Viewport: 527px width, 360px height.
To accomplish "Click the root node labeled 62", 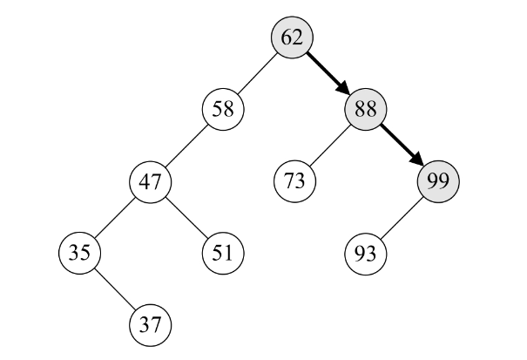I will click(293, 37).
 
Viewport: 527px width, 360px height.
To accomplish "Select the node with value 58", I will click(222, 110).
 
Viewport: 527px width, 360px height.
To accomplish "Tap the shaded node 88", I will click(365, 110).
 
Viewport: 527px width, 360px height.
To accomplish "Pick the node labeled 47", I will click(151, 181).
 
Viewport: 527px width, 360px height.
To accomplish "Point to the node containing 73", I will click(294, 181).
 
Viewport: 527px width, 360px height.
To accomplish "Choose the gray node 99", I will click(437, 181).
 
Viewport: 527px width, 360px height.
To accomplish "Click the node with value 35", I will click(79, 253).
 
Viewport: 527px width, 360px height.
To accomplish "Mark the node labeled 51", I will click(222, 253).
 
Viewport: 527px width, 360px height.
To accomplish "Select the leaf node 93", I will click(365, 253).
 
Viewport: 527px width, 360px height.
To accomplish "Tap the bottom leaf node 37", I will click(151, 324).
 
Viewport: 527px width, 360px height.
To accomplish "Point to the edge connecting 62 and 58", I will click(258, 73).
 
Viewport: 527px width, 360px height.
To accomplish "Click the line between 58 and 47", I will click(186, 146).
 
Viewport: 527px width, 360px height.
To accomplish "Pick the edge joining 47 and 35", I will click(115, 217).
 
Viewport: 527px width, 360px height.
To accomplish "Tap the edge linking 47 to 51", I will click(186, 217).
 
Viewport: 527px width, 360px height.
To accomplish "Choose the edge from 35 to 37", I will click(115, 289).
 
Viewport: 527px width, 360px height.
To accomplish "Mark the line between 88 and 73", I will click(329, 146).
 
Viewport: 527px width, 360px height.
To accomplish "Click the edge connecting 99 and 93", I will click(401, 217).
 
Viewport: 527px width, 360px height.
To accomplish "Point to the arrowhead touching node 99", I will click(418, 162).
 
